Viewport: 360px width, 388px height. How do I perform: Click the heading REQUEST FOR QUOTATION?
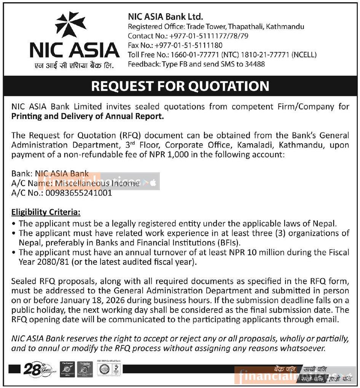(180, 86)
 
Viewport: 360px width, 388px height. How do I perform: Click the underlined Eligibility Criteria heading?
(46, 212)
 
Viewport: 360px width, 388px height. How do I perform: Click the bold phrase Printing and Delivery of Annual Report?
(88, 116)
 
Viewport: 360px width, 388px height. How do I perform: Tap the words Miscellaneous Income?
(97, 183)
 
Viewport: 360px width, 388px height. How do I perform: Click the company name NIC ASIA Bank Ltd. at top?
(166, 17)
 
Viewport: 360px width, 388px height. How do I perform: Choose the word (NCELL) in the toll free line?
(304, 55)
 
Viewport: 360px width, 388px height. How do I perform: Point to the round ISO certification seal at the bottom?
(104, 369)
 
